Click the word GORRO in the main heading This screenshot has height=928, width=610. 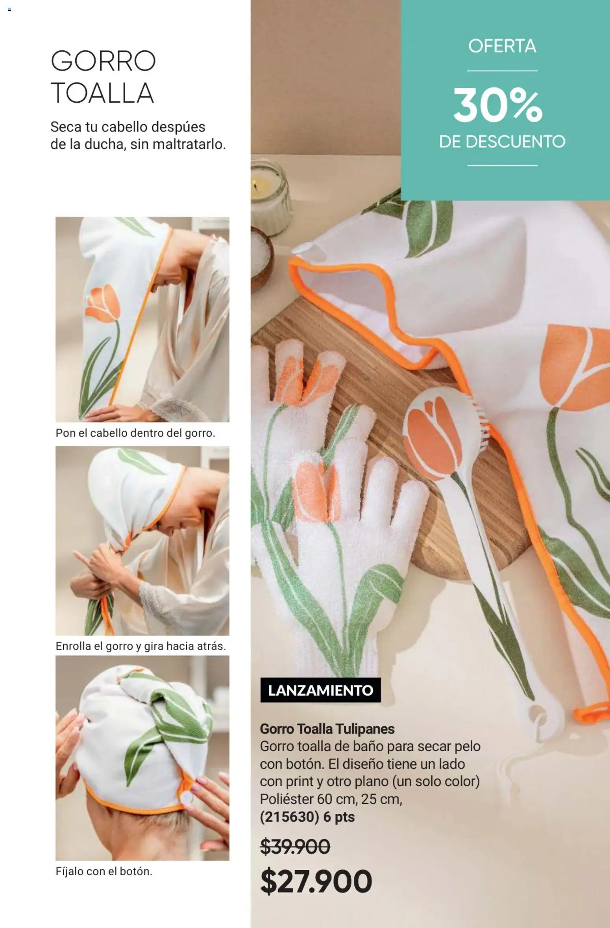103,61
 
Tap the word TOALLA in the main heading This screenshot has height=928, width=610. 102,93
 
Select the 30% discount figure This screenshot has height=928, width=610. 498,106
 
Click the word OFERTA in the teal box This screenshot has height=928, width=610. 502,46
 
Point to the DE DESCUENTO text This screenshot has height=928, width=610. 502,141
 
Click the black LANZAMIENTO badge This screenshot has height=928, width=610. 320,690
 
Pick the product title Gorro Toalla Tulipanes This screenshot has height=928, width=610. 327,729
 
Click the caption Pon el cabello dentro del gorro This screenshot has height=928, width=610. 135,433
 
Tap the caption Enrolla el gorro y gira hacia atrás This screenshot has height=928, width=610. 141,646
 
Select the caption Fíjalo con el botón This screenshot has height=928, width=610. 104,872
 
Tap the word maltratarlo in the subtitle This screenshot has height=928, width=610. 189,144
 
